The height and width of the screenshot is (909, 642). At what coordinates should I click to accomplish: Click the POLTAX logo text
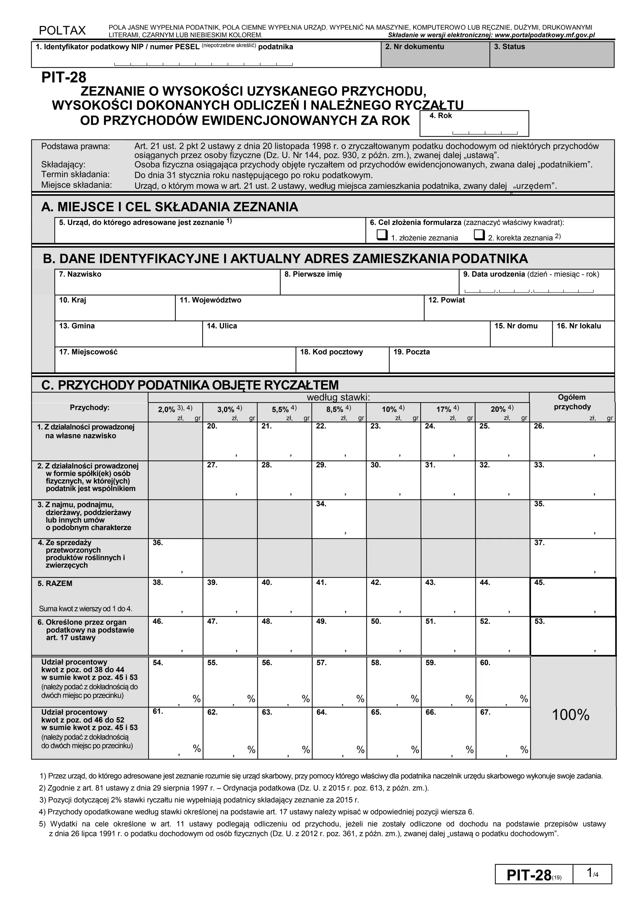62,30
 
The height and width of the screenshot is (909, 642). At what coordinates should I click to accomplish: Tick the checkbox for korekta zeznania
479,235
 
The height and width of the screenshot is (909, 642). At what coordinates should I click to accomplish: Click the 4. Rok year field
474,124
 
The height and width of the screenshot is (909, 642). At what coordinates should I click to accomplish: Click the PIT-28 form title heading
64,77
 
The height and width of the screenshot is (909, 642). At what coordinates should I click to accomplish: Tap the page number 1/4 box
592,885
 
